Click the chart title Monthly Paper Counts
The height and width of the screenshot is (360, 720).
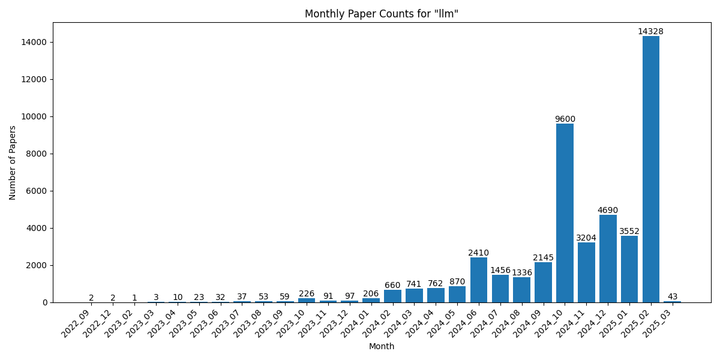(x=382, y=14)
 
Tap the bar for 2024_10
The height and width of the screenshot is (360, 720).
(x=565, y=213)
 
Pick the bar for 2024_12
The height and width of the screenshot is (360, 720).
(x=608, y=259)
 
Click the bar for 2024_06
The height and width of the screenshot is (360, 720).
(x=479, y=280)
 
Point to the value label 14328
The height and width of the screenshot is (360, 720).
(x=651, y=31)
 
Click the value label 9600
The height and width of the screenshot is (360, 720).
(x=565, y=119)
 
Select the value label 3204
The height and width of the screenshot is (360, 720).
(x=586, y=238)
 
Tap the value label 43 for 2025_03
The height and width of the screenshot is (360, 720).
(x=673, y=296)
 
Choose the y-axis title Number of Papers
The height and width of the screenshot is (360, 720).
(x=13, y=163)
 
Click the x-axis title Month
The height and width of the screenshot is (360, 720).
(x=382, y=346)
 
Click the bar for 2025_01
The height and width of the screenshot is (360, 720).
(x=629, y=269)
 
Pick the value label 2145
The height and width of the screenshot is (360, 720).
(x=543, y=257)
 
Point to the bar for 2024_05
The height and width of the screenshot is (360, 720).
(x=457, y=294)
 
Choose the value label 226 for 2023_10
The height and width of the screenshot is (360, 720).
(x=307, y=293)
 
